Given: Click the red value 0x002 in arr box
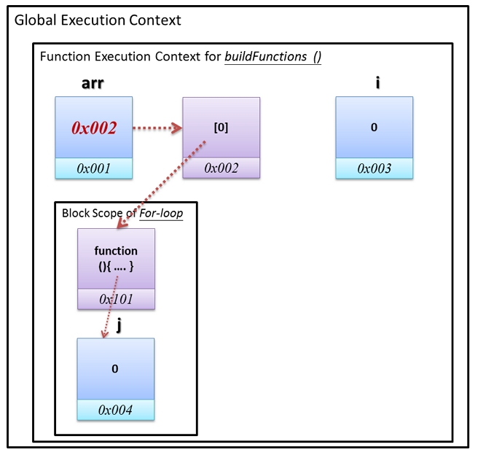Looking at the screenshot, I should point(94,128).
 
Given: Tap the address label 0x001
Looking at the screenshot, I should point(94,168).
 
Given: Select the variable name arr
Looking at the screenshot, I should point(93,83).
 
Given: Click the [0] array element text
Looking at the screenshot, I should point(221,127).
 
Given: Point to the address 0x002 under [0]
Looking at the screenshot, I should point(221,168).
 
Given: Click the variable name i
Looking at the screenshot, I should point(377,83).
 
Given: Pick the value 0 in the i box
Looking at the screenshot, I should point(374,127).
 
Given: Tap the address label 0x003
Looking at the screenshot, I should point(374,168).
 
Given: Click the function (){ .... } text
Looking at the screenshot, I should point(116,257).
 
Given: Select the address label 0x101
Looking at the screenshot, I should point(116,299).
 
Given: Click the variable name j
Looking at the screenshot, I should point(118,325).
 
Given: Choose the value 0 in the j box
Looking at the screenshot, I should point(114,368).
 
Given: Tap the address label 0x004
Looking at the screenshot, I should point(115,410).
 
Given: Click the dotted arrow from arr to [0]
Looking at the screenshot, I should point(157,129).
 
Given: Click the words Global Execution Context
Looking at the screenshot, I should point(98,20).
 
